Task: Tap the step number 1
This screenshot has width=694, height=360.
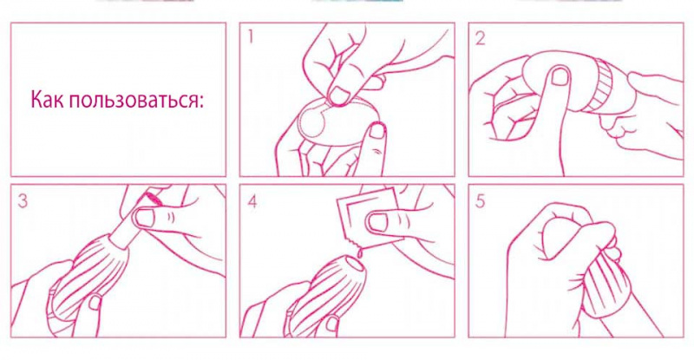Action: click(x=251, y=37)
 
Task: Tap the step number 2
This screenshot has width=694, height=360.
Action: click(x=480, y=39)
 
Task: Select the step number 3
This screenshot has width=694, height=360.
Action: click(x=23, y=201)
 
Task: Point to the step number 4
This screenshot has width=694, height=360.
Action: click(x=252, y=201)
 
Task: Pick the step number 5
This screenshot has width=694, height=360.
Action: click(x=481, y=201)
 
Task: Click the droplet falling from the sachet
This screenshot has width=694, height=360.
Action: click(x=361, y=252)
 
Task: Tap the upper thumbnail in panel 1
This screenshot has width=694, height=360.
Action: click(x=340, y=94)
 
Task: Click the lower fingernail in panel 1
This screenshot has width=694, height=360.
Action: click(x=377, y=130)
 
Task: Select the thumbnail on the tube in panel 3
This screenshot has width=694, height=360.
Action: click(x=146, y=218)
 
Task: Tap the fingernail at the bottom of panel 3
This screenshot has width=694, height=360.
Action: click(x=95, y=303)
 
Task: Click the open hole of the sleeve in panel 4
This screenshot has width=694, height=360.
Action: click(x=355, y=265)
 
